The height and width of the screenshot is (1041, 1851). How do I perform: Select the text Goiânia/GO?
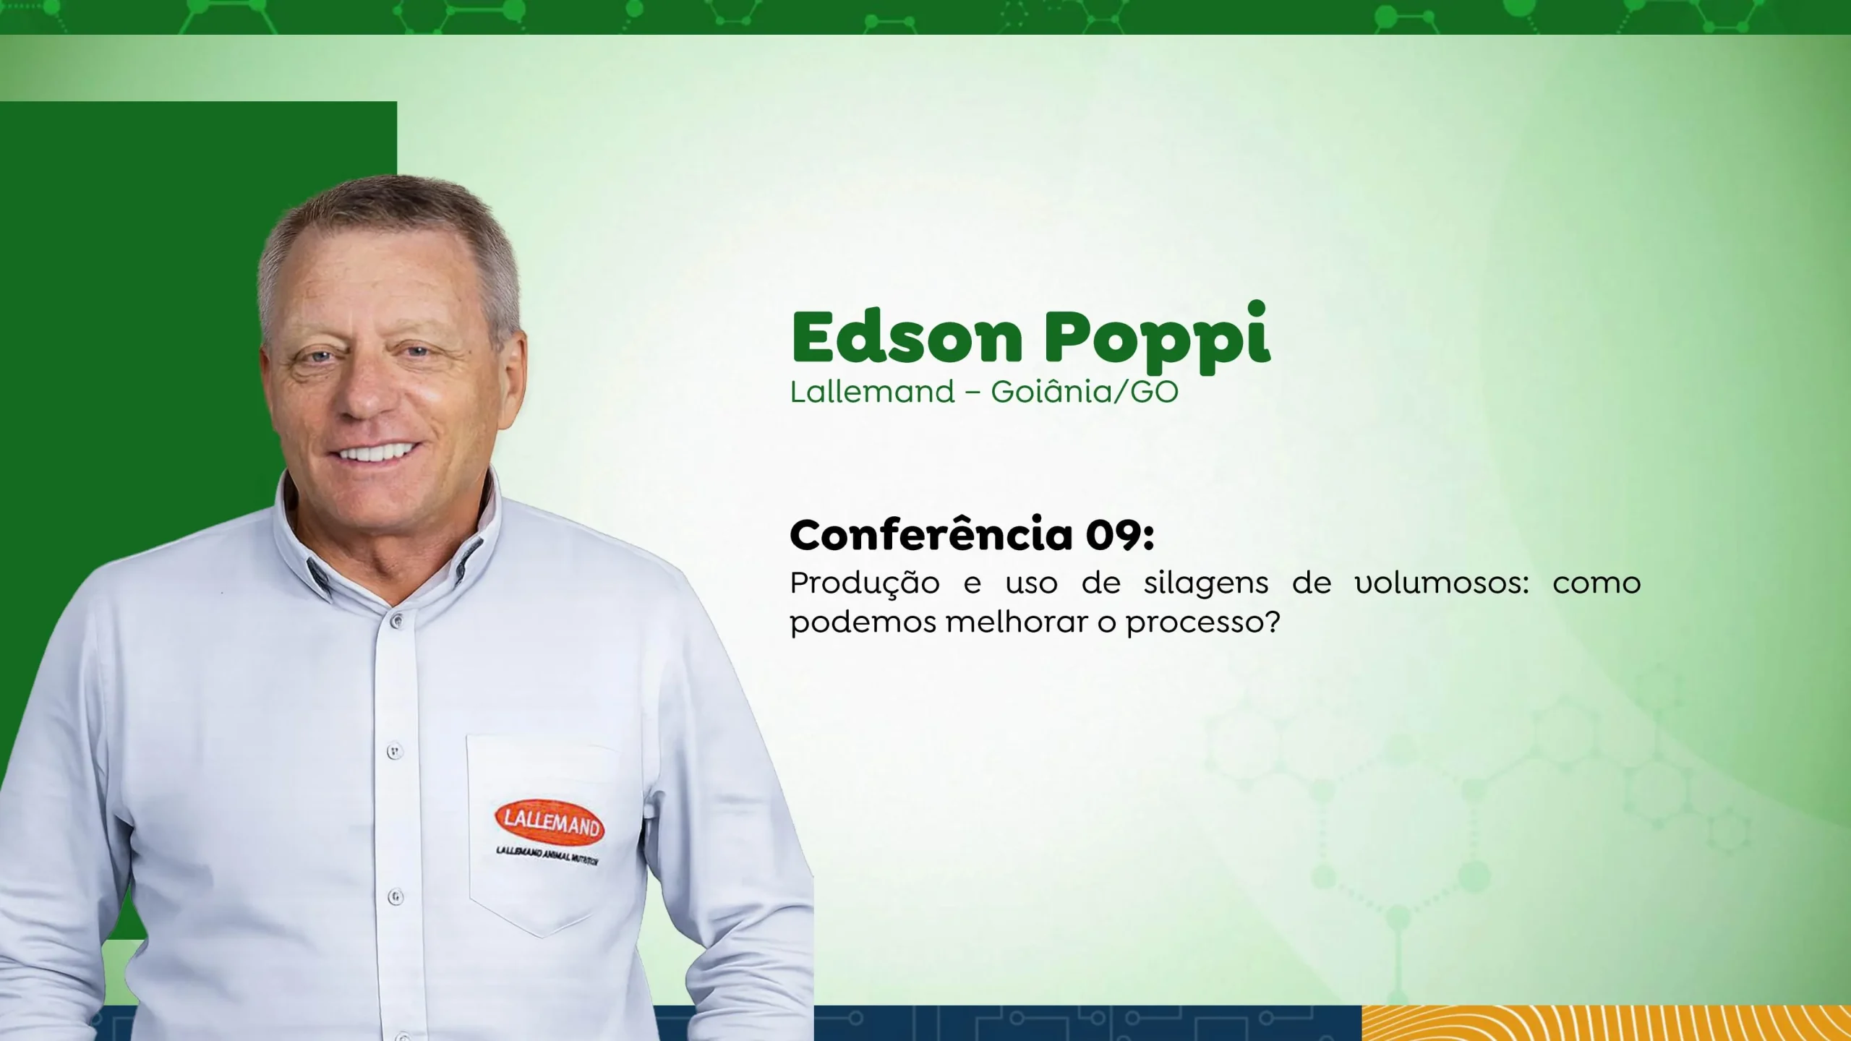coord(1085,392)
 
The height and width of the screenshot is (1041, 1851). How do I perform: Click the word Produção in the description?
coord(865,585)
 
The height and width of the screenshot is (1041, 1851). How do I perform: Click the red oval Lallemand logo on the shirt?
coord(550,823)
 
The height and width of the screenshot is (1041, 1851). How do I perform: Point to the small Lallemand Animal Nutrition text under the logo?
coord(548,856)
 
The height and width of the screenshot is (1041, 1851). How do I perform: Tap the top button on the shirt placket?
coord(396,620)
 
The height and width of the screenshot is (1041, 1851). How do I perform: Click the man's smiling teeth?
coord(376,453)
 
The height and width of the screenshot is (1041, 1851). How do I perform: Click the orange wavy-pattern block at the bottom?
coord(1606,1023)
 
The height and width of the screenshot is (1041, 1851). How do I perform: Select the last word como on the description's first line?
coord(1596,583)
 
